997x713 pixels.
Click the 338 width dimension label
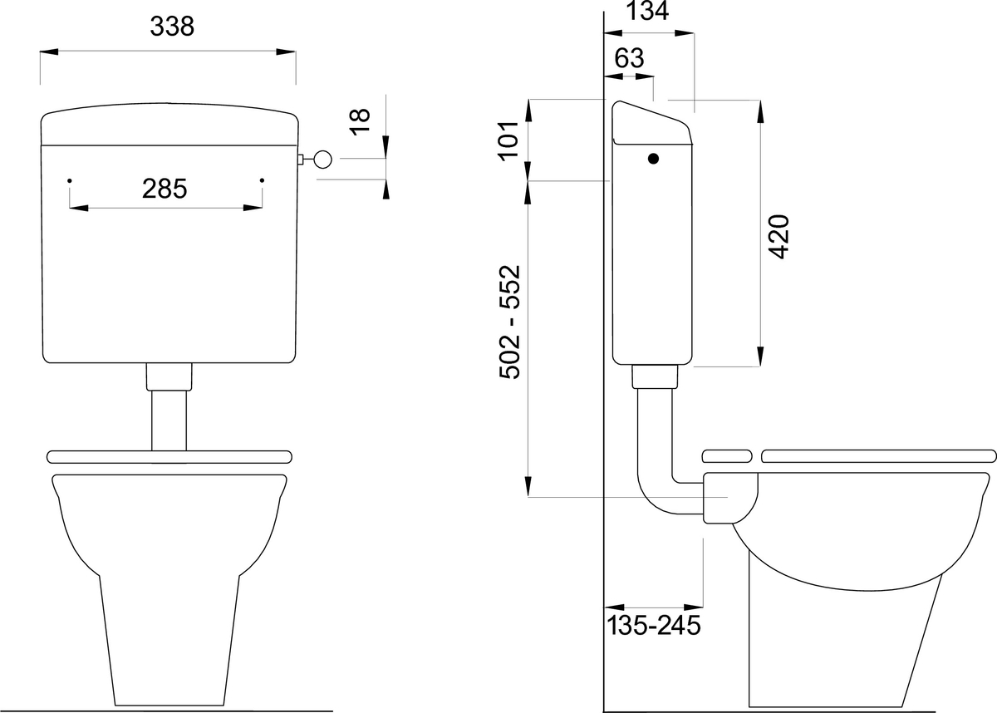(x=172, y=27)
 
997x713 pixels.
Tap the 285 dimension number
(x=165, y=189)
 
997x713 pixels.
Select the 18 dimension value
(x=360, y=121)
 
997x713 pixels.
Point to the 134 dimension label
(x=647, y=11)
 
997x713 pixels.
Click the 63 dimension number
(x=630, y=58)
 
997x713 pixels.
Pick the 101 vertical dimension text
(x=508, y=140)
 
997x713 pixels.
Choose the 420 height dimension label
(x=779, y=237)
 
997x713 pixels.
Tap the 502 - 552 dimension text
(x=509, y=322)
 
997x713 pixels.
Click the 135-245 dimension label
(x=653, y=625)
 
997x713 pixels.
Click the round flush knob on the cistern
(x=322, y=160)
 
